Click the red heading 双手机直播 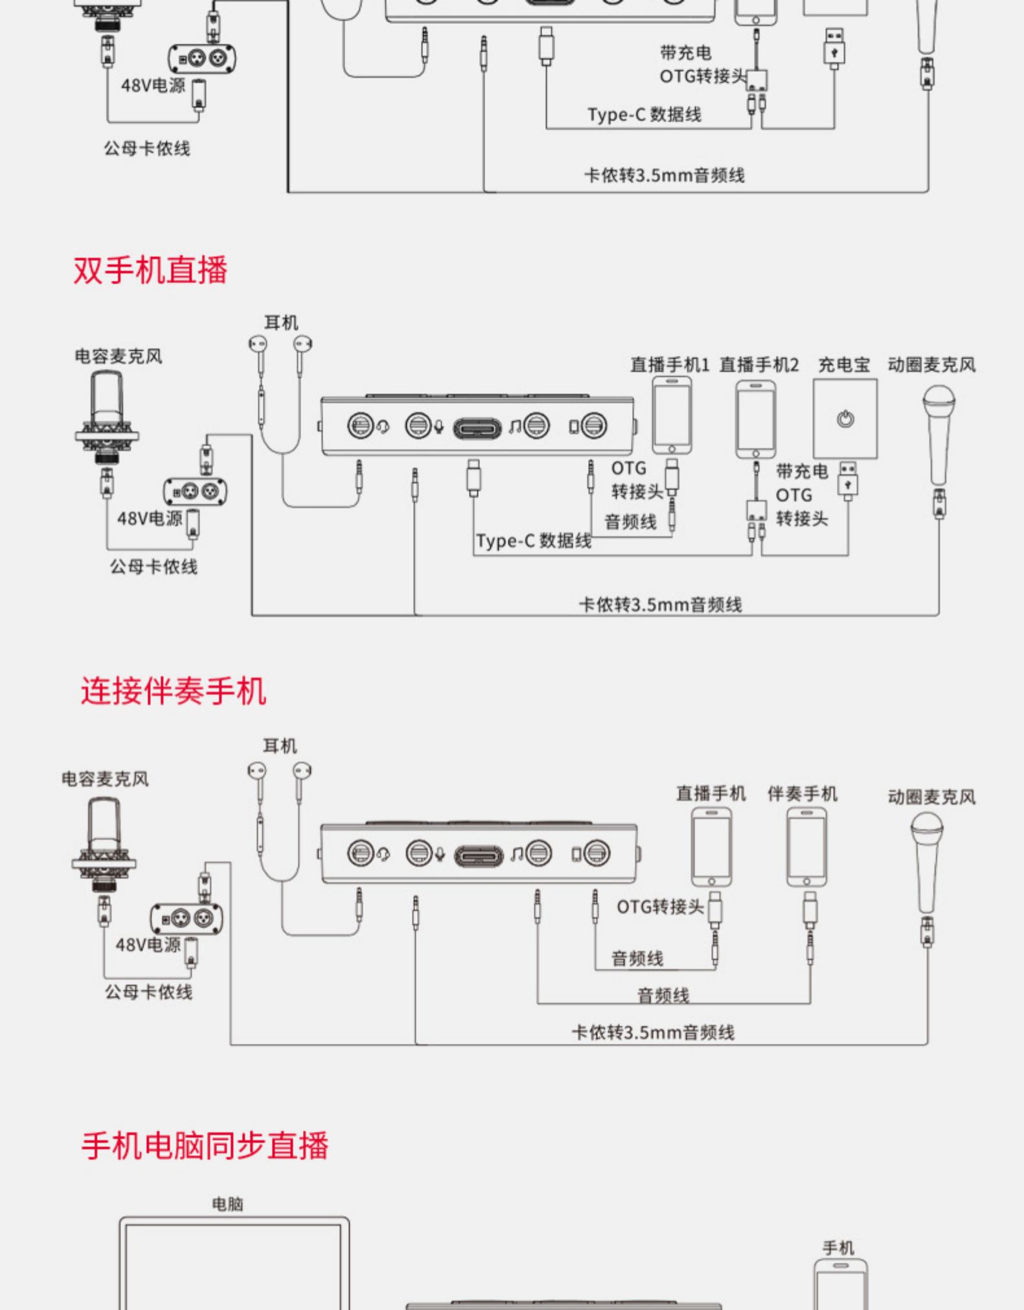click(150, 269)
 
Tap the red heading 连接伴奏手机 click(174, 690)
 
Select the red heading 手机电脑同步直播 click(205, 1145)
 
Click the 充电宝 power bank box click(845, 418)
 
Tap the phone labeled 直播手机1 click(672, 415)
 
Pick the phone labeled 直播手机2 click(755, 419)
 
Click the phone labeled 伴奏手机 click(806, 847)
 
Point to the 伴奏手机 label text click(802, 793)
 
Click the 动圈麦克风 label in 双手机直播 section click(931, 365)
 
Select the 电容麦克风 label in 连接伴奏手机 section click(105, 778)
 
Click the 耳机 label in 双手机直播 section click(281, 322)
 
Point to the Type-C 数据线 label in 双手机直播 click(534, 541)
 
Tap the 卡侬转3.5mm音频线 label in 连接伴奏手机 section click(653, 1032)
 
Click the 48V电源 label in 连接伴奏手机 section click(148, 945)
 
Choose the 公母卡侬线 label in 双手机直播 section click(154, 567)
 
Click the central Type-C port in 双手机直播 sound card click(478, 428)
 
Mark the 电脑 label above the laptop click(228, 1204)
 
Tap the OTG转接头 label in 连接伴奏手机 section click(660, 907)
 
